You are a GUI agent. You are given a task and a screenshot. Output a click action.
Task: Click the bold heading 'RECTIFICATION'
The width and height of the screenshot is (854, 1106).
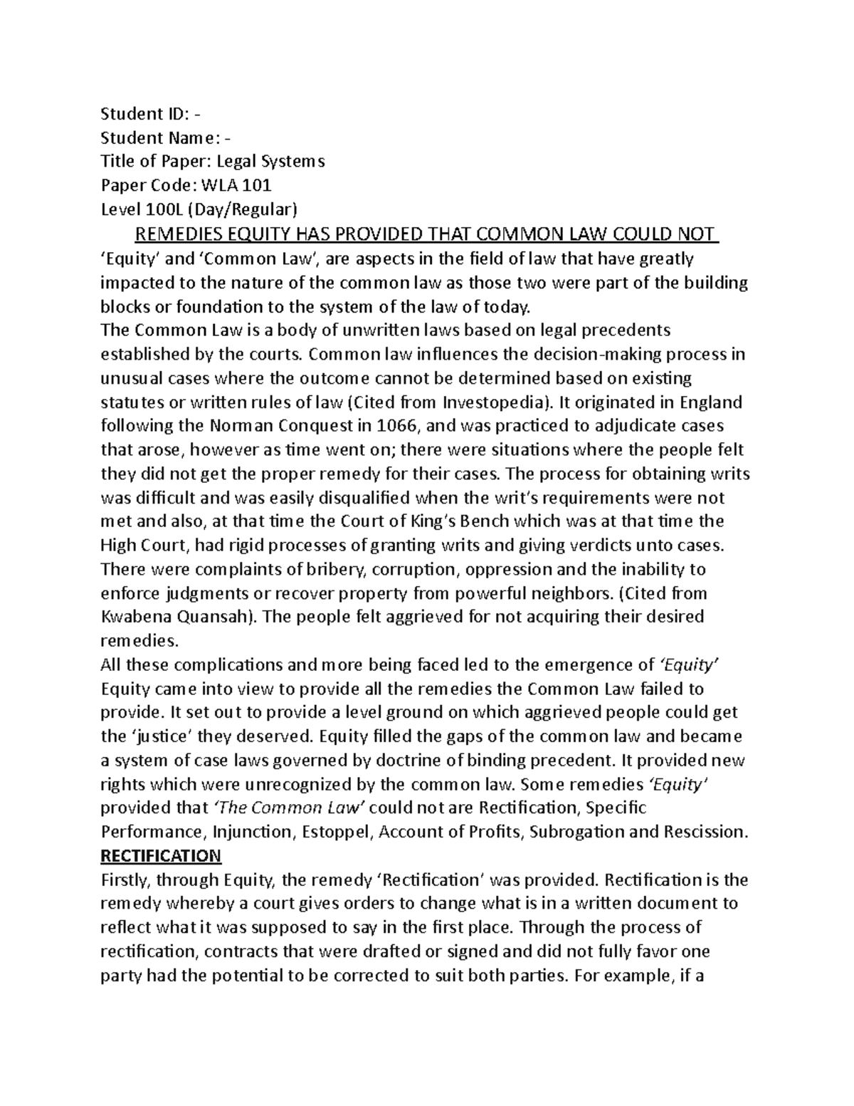tap(161, 855)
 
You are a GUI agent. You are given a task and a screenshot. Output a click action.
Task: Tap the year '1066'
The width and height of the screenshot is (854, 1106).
tap(399, 426)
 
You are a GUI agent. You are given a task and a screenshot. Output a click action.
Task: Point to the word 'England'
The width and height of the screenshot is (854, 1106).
tap(712, 402)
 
